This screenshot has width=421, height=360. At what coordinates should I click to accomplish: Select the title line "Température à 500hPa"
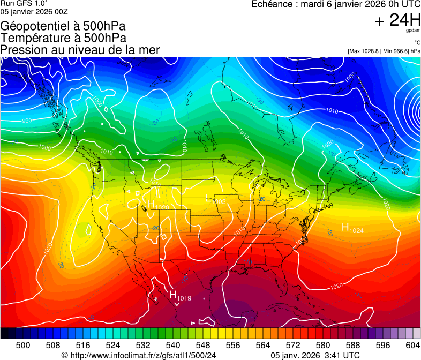tap(63, 38)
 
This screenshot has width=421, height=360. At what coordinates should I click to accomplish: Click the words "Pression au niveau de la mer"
tap(80, 50)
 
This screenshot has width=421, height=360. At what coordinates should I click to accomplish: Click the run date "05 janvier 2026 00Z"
tap(34, 11)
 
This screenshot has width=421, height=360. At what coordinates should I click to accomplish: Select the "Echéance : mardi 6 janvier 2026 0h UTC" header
tap(336, 5)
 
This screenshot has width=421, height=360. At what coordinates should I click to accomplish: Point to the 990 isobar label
tap(27, 121)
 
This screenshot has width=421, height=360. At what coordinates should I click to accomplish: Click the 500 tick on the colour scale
tap(23, 346)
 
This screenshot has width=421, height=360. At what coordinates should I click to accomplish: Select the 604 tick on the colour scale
tap(412, 346)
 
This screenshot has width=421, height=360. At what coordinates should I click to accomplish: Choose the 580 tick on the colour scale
tap(323, 346)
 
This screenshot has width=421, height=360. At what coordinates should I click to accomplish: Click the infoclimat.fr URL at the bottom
tap(139, 355)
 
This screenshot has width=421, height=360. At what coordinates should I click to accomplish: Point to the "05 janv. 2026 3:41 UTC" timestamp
tap(315, 355)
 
